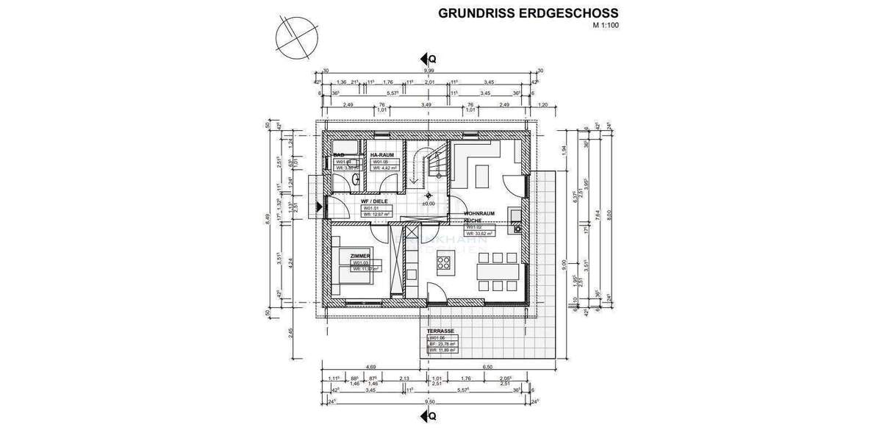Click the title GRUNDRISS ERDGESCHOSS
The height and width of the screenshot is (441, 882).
tap(528, 13)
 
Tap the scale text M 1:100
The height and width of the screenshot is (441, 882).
tap(605, 26)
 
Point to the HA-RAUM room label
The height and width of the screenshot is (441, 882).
tap(381, 154)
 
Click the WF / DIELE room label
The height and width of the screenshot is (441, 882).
tap(375, 201)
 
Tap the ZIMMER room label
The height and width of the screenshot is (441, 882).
tap(340, 256)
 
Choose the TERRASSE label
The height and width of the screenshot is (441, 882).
tap(441, 331)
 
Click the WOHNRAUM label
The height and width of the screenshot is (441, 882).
tap(478, 214)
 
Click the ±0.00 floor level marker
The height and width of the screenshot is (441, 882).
tap(428, 204)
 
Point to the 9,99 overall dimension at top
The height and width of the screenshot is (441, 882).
tap(426, 71)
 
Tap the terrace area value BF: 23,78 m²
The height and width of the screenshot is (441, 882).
tap(442, 344)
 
